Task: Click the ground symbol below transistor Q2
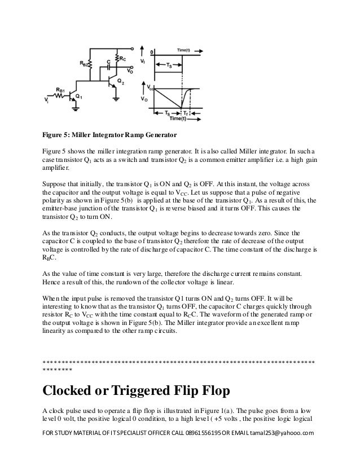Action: [x=115, y=100]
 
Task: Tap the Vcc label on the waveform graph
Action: [x=150, y=89]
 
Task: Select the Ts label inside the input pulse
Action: [x=168, y=66]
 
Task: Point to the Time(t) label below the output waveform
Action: [x=180, y=119]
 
